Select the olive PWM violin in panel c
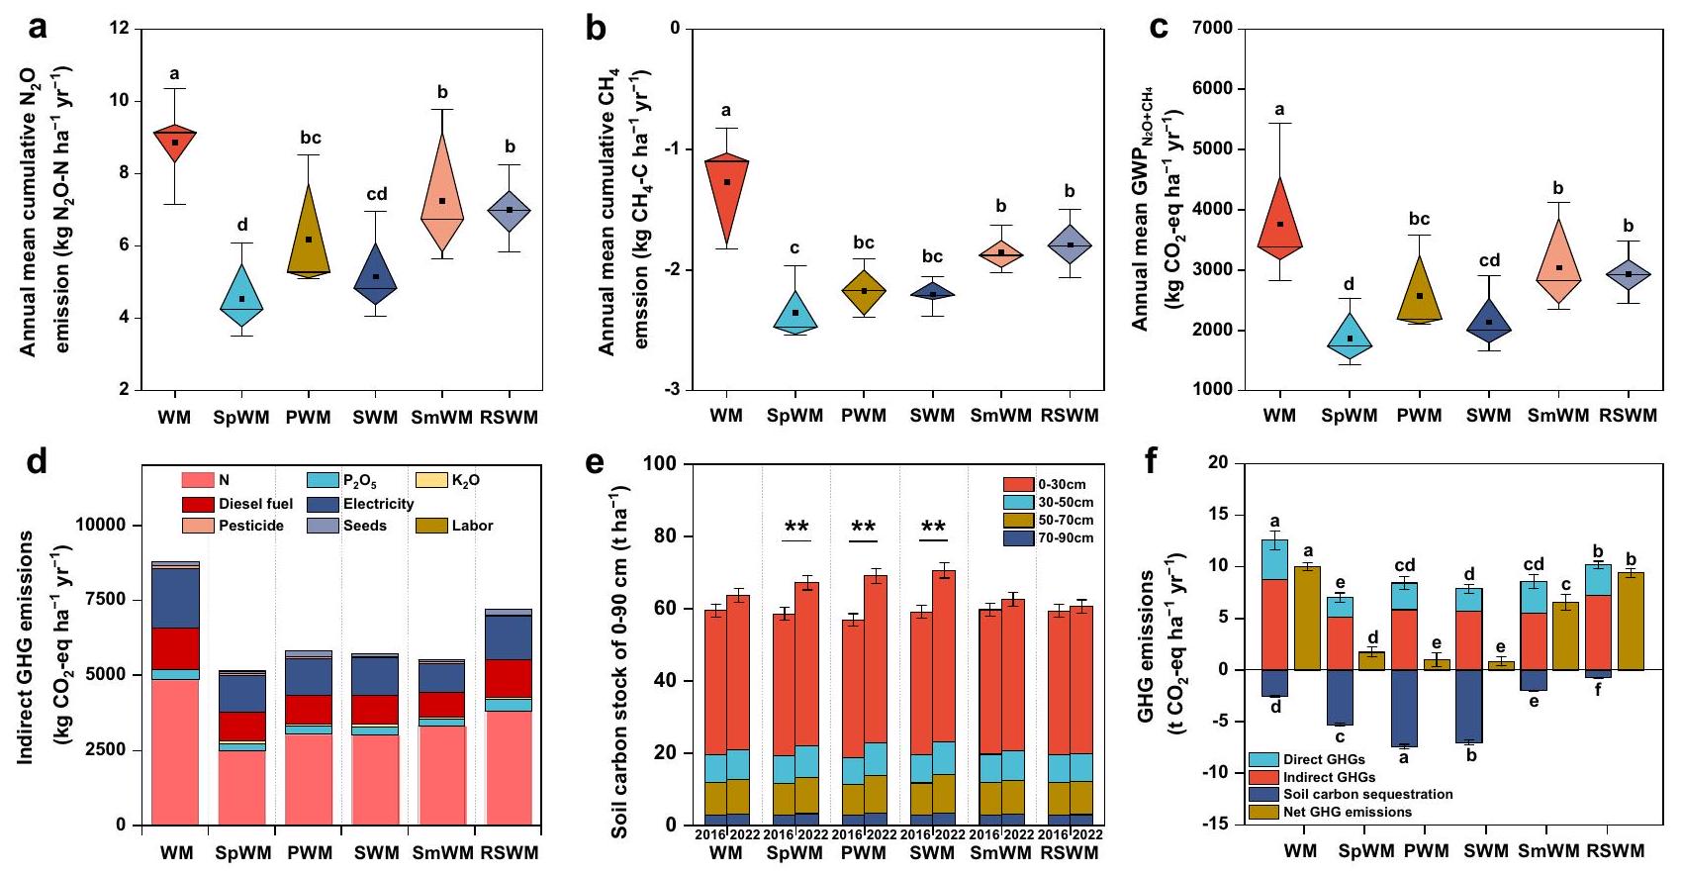1419,294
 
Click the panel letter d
37,461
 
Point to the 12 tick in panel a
120,29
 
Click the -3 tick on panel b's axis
673,390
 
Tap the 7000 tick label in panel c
1213,29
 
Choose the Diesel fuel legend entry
255,504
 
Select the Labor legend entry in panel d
472,526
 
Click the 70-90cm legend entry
1066,537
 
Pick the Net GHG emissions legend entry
1348,812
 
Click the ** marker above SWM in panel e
932,528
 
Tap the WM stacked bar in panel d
175,693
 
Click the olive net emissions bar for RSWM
1631,622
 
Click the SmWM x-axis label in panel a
442,418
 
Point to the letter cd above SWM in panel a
376,194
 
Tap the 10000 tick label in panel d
101,525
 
